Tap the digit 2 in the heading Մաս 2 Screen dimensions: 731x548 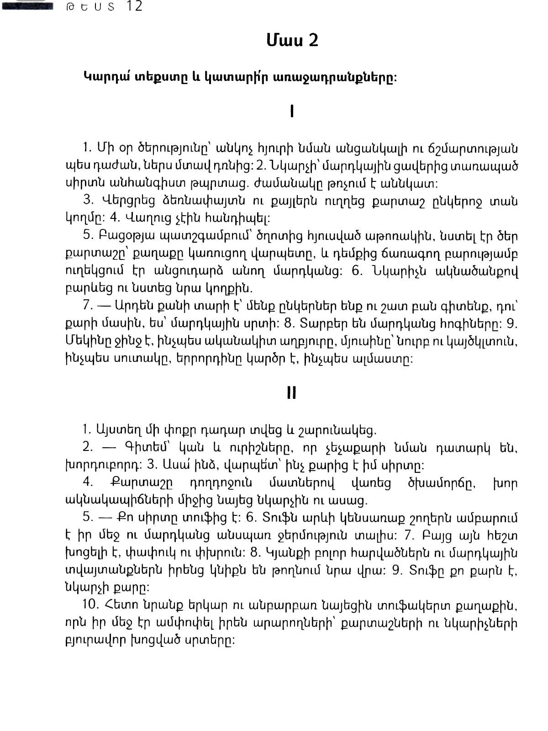click(312, 41)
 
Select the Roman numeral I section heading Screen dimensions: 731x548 click(292, 112)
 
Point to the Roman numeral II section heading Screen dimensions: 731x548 click(292, 393)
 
